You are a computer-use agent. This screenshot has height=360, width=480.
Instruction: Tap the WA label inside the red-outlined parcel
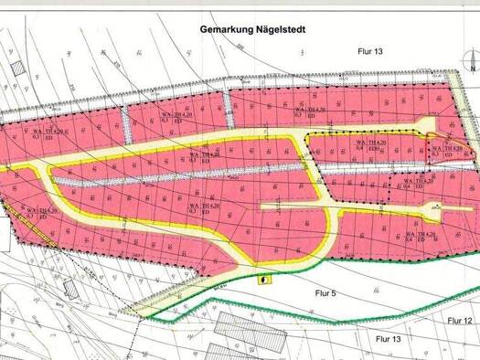[x=438, y=147]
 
